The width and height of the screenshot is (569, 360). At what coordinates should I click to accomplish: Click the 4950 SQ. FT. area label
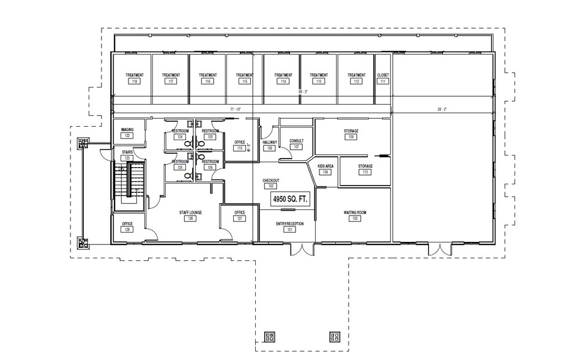(x=290, y=198)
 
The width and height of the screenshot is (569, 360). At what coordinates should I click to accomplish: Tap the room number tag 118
(x=135, y=81)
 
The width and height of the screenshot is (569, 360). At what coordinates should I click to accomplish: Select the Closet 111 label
(x=384, y=75)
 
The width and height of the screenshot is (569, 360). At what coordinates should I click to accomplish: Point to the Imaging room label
(x=127, y=130)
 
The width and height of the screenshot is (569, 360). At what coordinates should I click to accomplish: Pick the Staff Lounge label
(x=190, y=212)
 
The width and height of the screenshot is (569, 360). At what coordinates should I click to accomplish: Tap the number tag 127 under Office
(x=240, y=219)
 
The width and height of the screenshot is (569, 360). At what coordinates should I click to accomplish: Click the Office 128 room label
(x=127, y=224)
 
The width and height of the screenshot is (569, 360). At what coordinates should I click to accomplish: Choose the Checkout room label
(x=271, y=181)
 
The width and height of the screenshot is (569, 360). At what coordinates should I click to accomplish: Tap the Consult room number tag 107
(x=296, y=147)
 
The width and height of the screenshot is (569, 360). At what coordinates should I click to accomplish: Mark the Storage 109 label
(x=351, y=132)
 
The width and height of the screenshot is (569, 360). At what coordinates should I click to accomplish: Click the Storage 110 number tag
(x=365, y=172)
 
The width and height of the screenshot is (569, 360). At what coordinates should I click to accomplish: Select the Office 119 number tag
(x=240, y=148)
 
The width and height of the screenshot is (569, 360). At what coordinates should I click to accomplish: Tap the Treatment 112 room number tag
(x=357, y=81)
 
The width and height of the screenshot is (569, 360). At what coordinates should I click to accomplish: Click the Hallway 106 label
(x=270, y=142)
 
